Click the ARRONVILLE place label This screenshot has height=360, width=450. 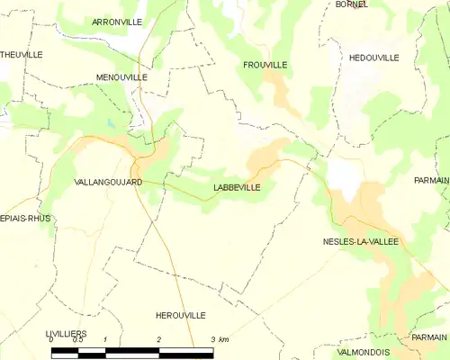pyautogui.click(x=119, y=20)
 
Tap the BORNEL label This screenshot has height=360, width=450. pyautogui.click(x=351, y=4)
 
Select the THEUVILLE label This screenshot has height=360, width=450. pyautogui.click(x=22, y=54)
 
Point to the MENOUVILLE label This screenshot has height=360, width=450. pyautogui.click(x=121, y=77)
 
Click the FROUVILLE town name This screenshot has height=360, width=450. pyautogui.click(x=265, y=65)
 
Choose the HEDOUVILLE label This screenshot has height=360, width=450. pyautogui.click(x=373, y=57)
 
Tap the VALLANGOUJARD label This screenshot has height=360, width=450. pyautogui.click(x=108, y=182)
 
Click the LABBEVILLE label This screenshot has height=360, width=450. pyautogui.click(x=238, y=187)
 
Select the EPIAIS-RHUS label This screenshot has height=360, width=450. pyautogui.click(x=25, y=218)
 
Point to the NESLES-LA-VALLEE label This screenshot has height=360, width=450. pyautogui.click(x=360, y=241)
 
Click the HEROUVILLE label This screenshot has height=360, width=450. pyautogui.click(x=180, y=315)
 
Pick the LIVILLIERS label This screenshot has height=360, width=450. pyautogui.click(x=65, y=334)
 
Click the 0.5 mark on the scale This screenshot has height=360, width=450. pyautogui.click(x=78, y=340)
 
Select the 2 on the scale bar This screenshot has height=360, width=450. pyautogui.click(x=159, y=340)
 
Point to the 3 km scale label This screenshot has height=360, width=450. pyautogui.click(x=219, y=340)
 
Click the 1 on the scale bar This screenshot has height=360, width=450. pyautogui.click(x=105, y=340)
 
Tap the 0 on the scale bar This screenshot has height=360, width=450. pyautogui.click(x=51, y=340)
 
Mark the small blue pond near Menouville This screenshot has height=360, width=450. pyautogui.click(x=110, y=124)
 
